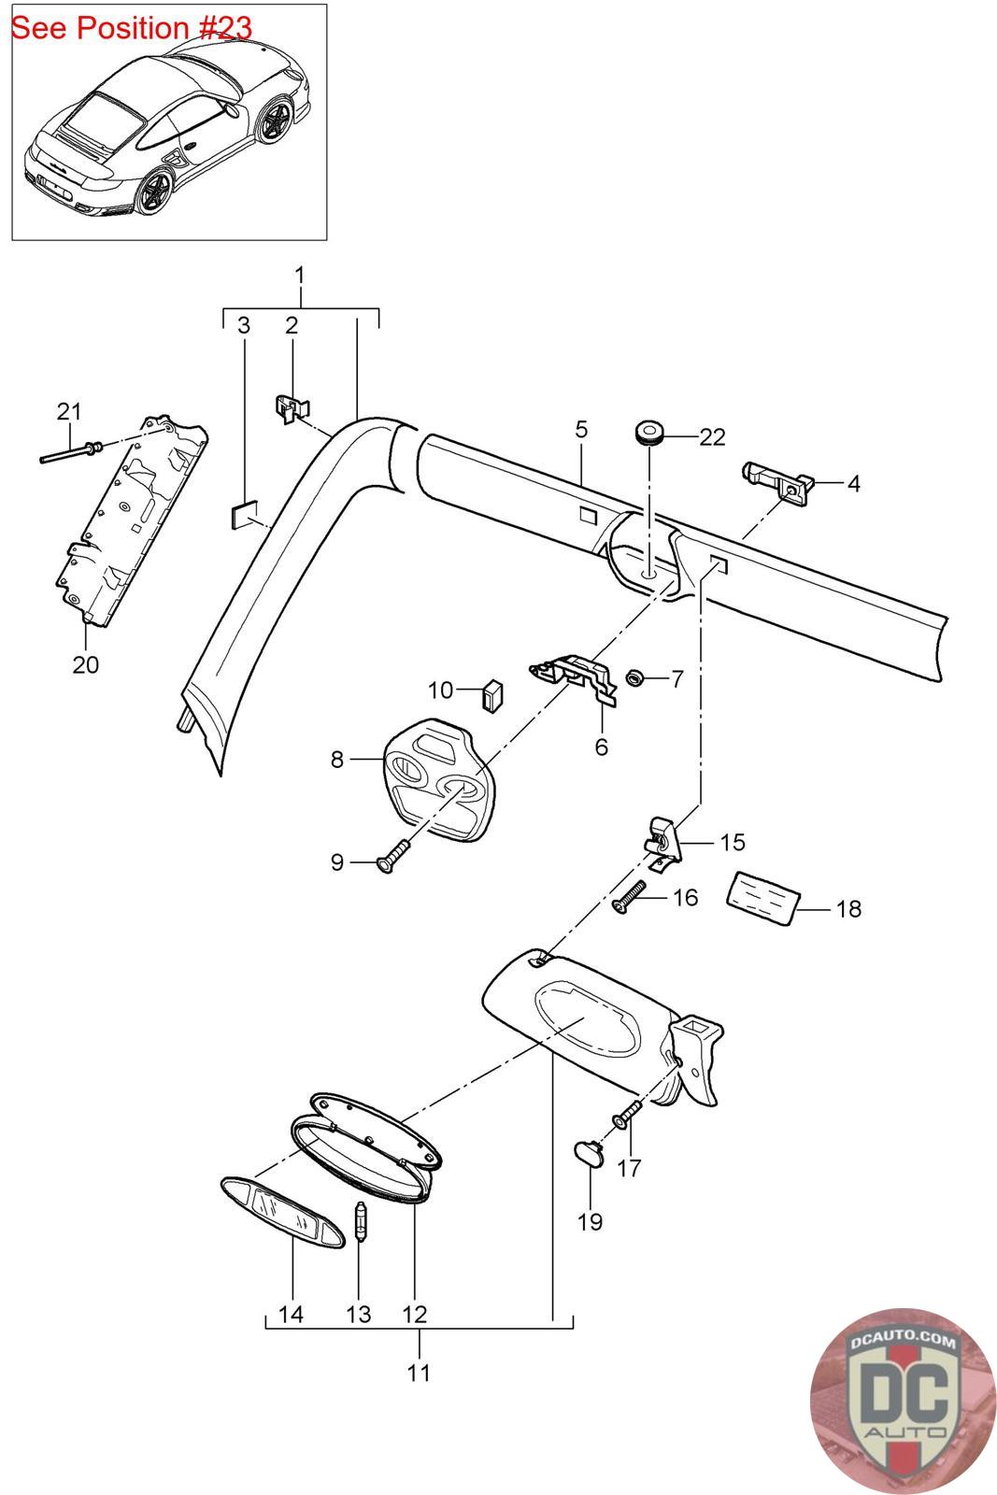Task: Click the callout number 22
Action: (711, 436)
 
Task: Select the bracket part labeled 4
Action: (778, 481)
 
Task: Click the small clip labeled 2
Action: (292, 407)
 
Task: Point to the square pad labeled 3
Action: (243, 514)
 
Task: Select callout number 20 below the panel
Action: (85, 664)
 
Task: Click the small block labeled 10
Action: (493, 696)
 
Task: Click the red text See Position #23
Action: (132, 28)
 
